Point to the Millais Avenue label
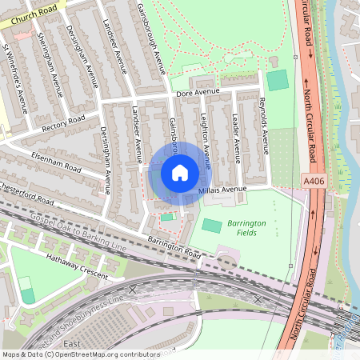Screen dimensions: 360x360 [x=223, y=190]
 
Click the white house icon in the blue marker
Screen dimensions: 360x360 [x=180, y=172]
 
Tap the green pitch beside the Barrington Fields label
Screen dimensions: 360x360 [x=211, y=226]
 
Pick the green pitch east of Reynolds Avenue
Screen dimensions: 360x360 [x=277, y=80]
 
